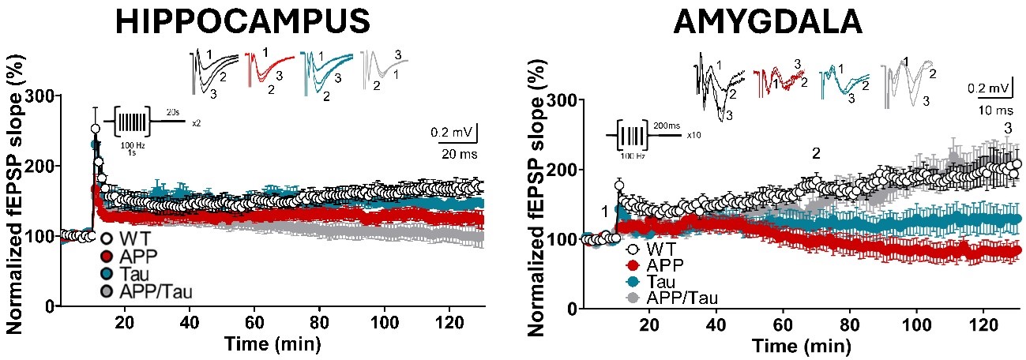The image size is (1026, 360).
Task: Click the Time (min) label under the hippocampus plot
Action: [272, 343]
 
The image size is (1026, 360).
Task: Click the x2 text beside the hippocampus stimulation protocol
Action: [196, 123]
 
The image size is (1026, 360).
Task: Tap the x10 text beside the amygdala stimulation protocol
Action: [693, 135]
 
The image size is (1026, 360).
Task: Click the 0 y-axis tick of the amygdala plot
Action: [573, 309]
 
